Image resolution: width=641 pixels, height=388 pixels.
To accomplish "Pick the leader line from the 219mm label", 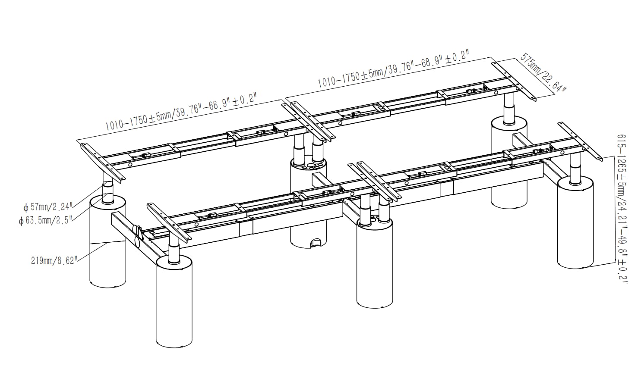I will (x=93, y=250).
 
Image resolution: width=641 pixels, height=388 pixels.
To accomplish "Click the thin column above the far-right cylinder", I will (x=575, y=166).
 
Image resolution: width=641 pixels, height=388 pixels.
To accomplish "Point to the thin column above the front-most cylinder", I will (x=174, y=250).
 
